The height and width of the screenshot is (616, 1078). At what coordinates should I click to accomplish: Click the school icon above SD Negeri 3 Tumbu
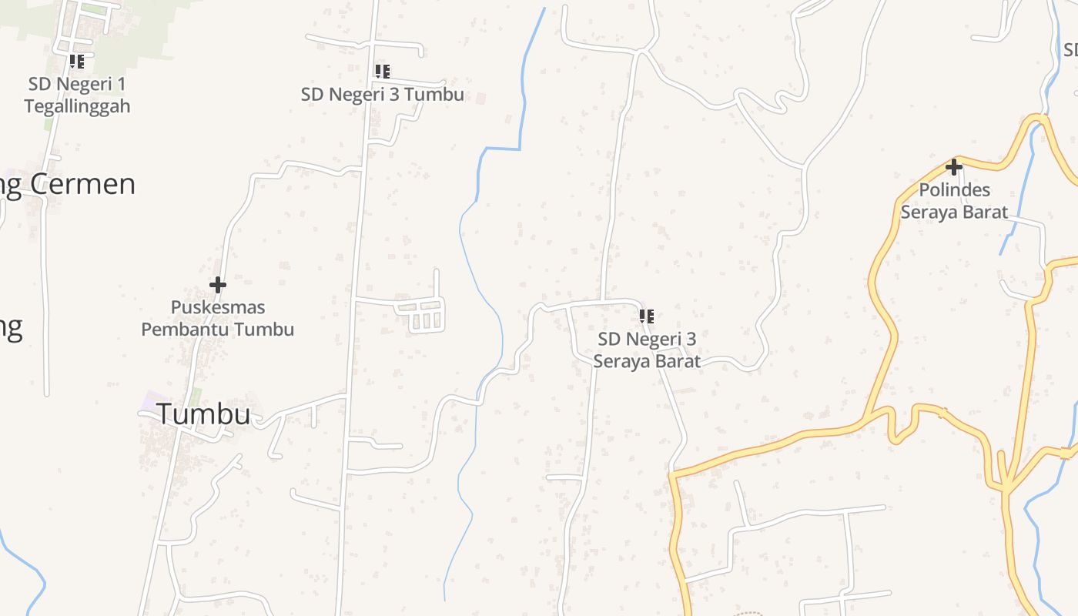point(382,72)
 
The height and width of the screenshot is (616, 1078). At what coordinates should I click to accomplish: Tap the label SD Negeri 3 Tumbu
point(382,95)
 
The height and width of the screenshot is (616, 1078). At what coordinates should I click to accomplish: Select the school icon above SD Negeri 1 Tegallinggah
point(76,61)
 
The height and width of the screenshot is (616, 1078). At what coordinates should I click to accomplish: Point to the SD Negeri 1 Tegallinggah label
point(77,95)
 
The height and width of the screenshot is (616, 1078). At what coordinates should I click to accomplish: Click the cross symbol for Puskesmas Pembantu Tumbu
point(218,285)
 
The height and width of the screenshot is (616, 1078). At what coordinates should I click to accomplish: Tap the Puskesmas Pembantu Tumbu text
point(217,318)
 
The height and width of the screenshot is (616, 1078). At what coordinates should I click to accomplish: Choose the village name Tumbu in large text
point(204,414)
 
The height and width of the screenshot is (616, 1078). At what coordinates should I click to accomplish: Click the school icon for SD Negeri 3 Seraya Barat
point(647,316)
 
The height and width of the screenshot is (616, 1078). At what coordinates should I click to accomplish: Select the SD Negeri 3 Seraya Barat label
point(647,350)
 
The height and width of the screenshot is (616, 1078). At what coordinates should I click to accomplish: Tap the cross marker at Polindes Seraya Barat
point(954,166)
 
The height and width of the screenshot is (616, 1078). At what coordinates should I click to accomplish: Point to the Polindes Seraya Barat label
point(954,201)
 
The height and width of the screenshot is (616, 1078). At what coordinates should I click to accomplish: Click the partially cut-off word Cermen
point(82,184)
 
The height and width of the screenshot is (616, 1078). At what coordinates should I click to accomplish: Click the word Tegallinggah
point(77,106)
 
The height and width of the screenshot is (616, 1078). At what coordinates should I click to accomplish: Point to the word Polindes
point(955,190)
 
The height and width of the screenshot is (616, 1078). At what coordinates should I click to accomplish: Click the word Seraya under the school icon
point(621,361)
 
